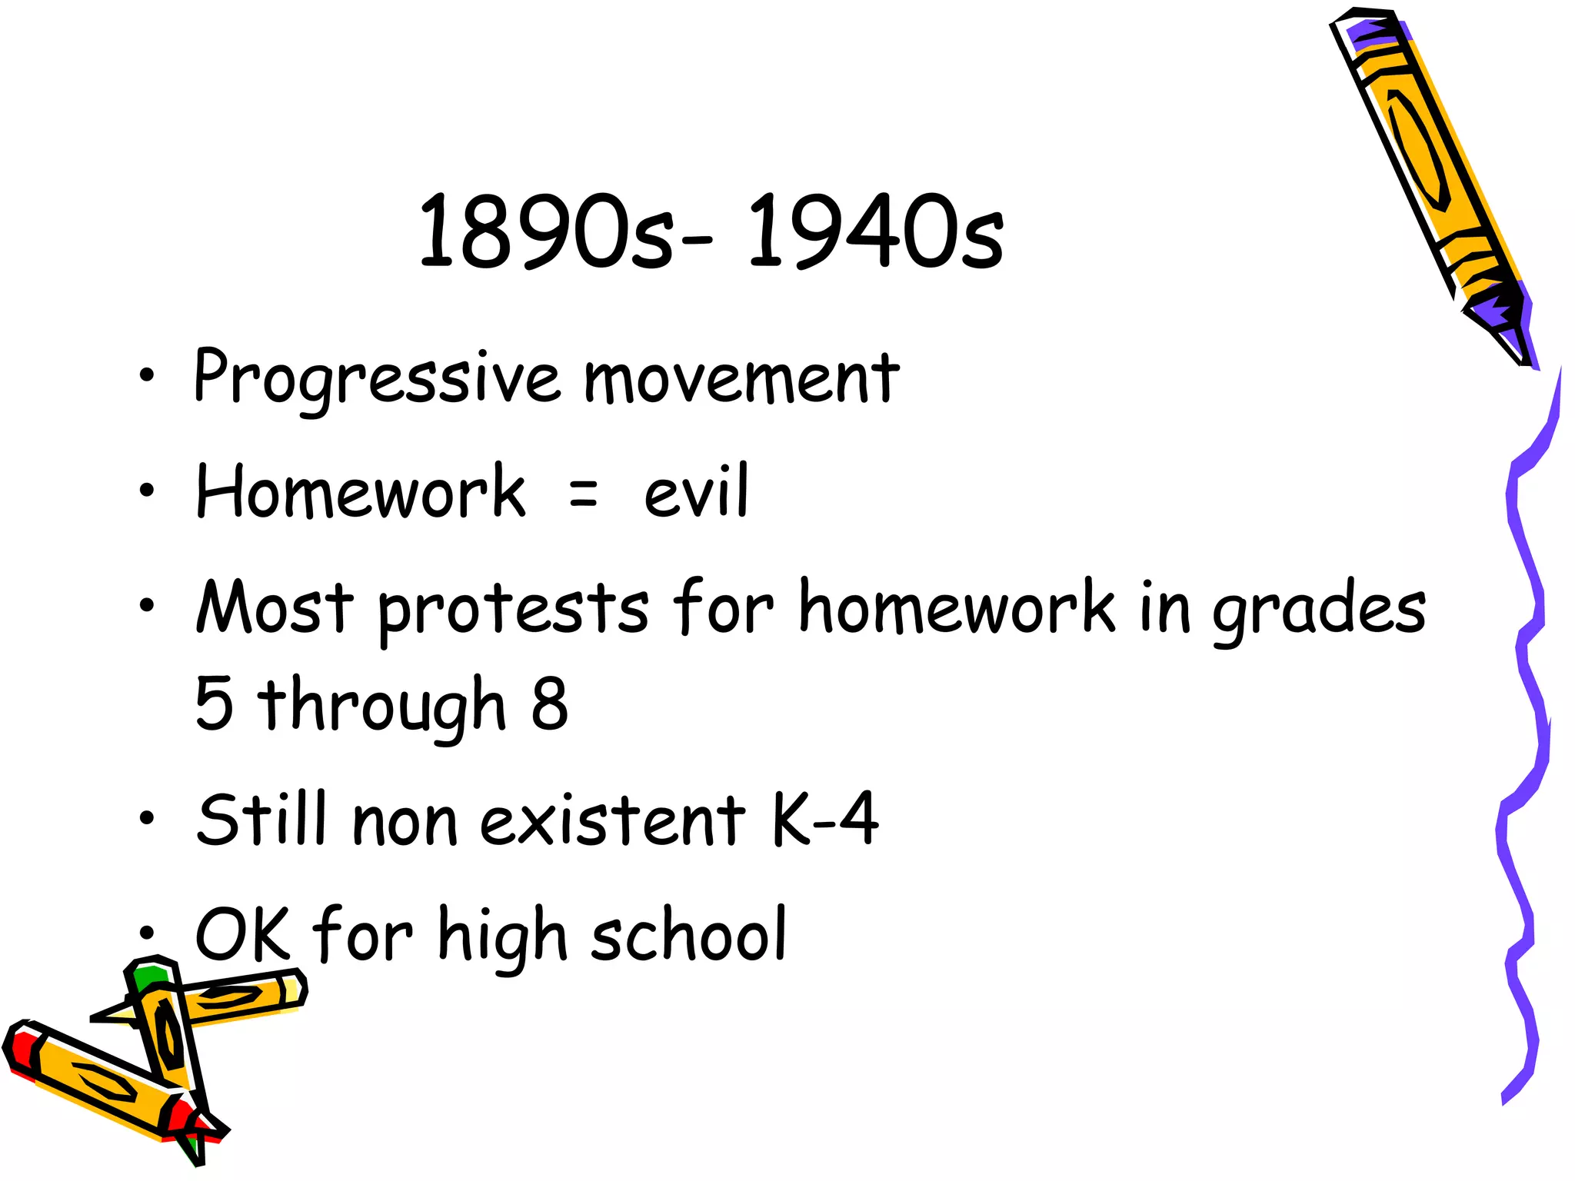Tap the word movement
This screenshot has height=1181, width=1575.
741,378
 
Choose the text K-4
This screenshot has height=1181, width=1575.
824,819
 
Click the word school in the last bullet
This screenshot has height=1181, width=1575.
689,934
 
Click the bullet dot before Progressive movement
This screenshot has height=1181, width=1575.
146,377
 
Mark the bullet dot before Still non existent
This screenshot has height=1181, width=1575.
146,820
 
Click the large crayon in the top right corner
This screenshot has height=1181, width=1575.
1423,169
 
